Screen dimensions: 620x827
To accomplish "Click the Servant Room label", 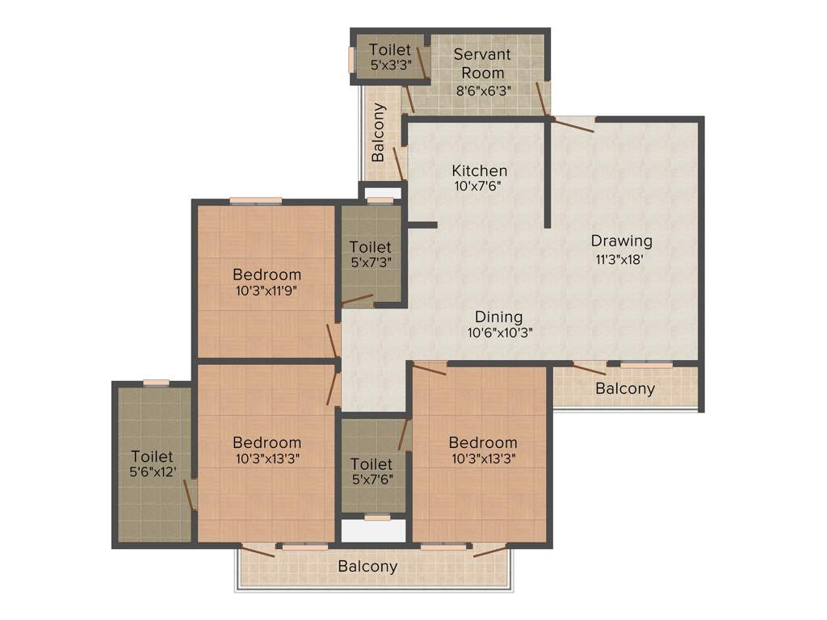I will point(481,63).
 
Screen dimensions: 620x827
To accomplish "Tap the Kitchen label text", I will point(480,170).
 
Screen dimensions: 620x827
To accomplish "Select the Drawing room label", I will point(621,241).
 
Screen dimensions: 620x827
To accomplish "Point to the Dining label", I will point(498,316).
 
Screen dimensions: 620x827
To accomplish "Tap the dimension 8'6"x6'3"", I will point(481,91).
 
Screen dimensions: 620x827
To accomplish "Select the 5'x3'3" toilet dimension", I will point(390,66).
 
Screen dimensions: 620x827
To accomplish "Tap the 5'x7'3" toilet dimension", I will point(371,262).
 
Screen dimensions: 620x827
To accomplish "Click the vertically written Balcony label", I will point(378,132).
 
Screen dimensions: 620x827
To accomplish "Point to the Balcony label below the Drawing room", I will point(625,388).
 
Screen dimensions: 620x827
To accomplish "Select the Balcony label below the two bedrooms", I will point(367,566).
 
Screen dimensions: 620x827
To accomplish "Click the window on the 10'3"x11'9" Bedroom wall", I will point(255,200).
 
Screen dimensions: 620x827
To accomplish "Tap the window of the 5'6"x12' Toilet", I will point(156,383).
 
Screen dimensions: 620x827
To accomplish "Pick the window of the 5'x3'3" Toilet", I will point(351,60).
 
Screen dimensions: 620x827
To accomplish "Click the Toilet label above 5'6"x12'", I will point(152,457).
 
